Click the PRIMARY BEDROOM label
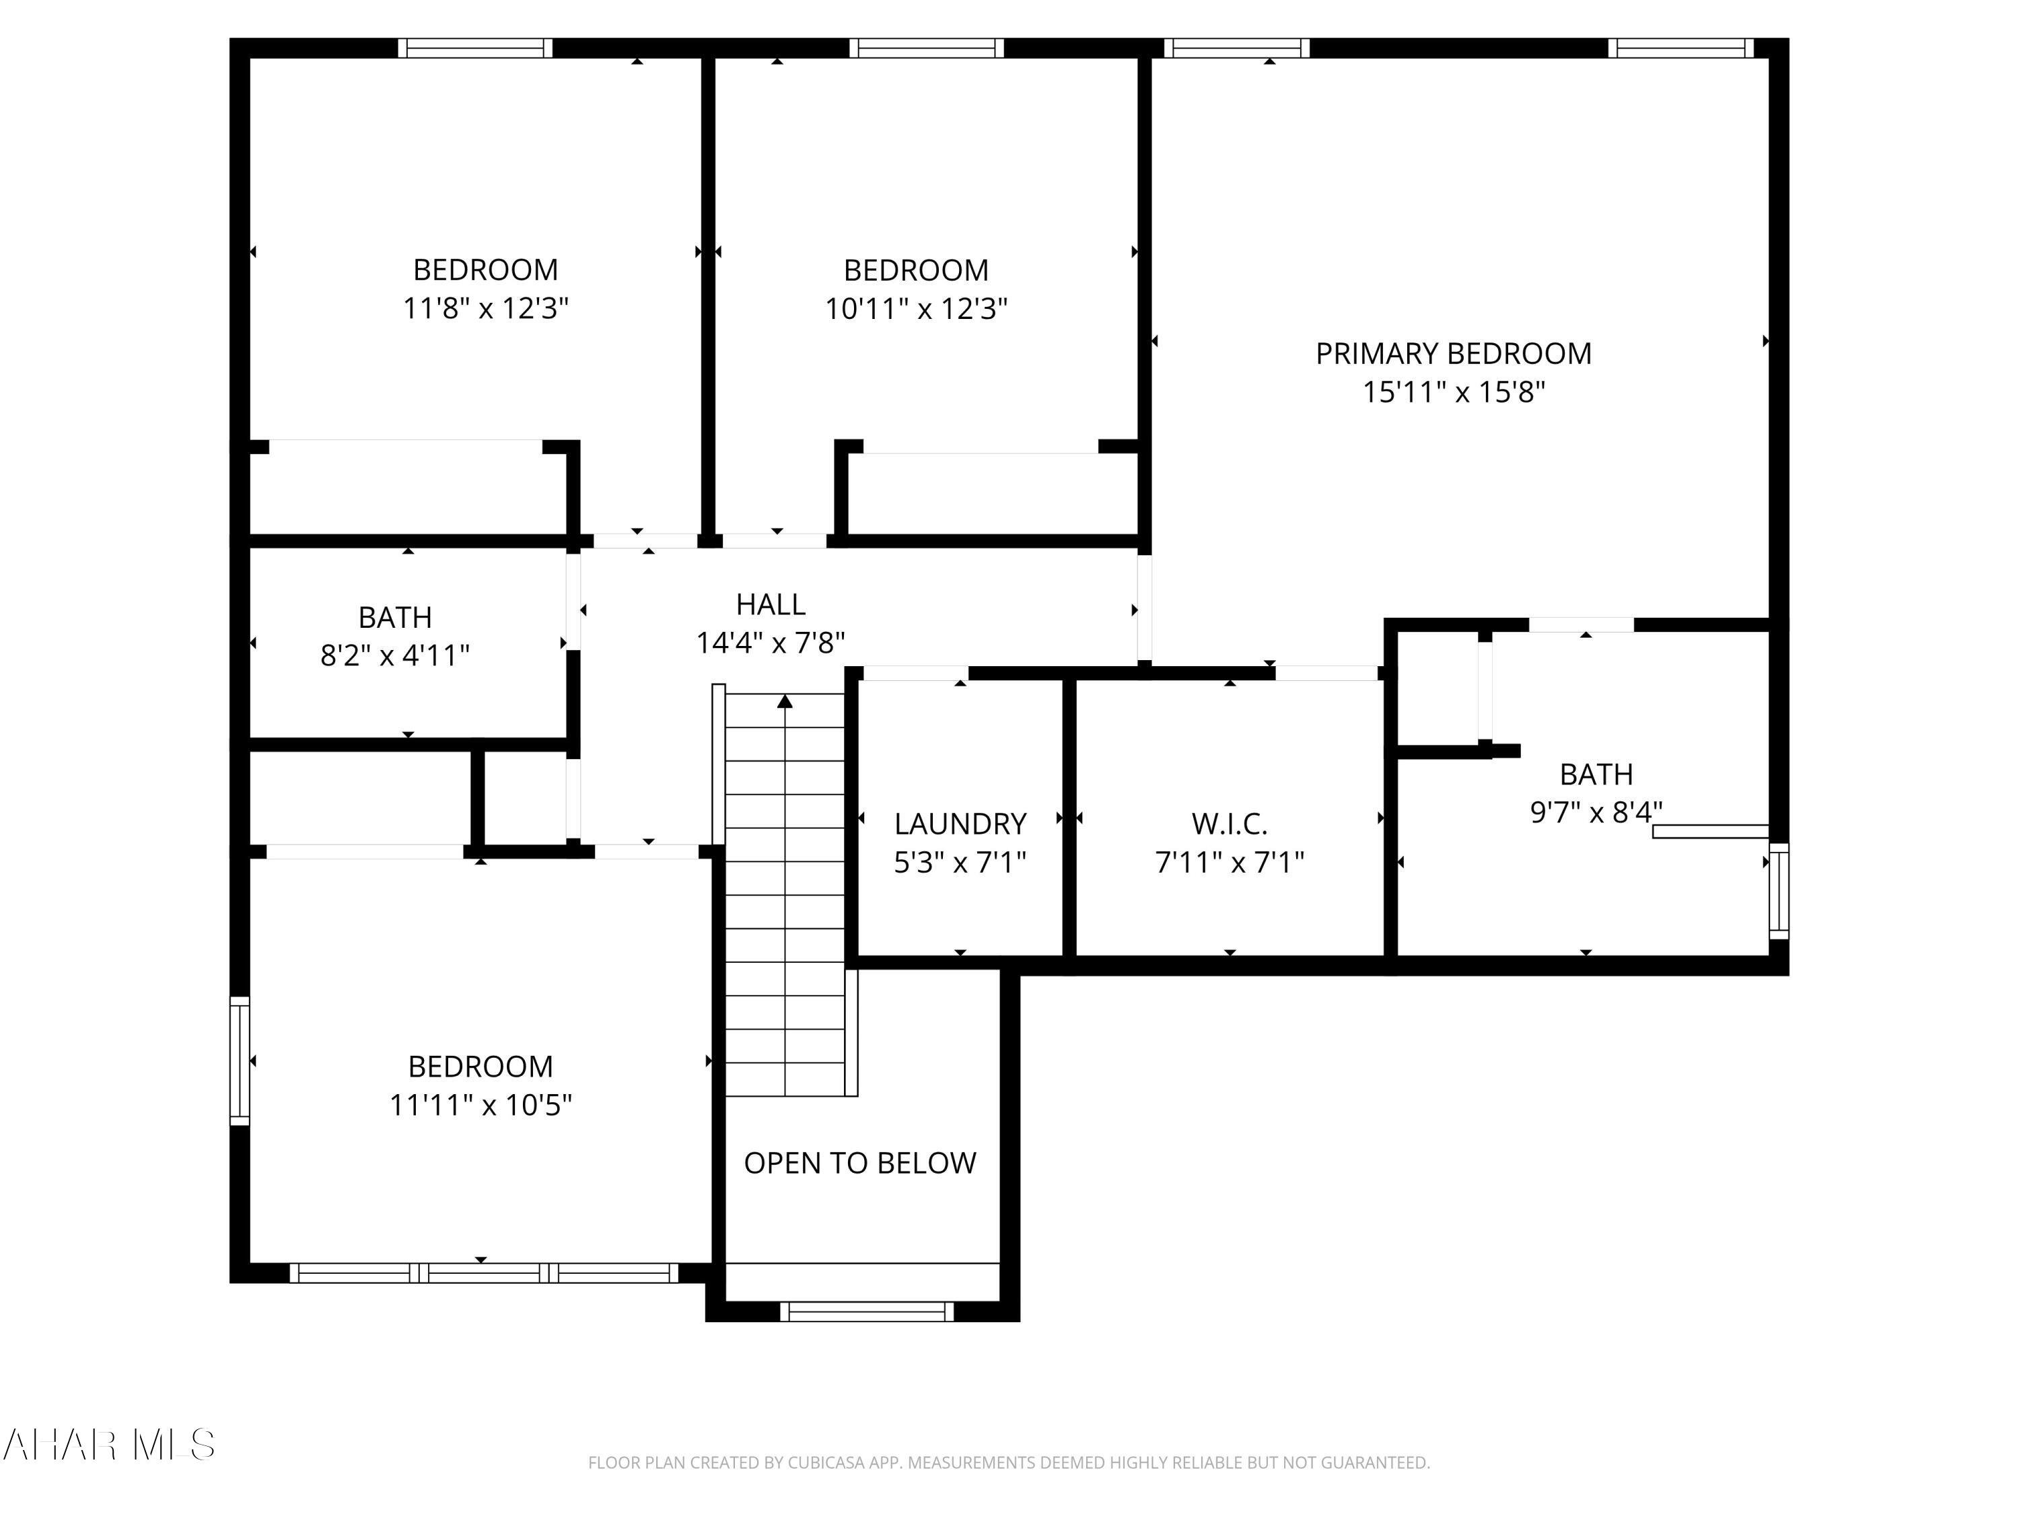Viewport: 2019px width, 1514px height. click(1453, 353)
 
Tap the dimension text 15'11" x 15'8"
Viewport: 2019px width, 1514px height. click(1453, 392)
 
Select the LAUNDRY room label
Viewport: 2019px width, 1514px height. click(959, 824)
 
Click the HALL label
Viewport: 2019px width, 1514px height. click(771, 604)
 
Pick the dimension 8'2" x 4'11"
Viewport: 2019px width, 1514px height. click(394, 655)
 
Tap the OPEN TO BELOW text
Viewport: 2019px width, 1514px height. click(860, 1163)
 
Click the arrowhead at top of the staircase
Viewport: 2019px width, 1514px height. click(785, 701)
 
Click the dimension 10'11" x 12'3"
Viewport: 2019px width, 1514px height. click(915, 308)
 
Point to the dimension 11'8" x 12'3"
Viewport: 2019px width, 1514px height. click(486, 308)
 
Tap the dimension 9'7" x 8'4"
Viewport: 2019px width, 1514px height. click(1596, 812)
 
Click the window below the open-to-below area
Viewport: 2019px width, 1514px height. click(866, 1311)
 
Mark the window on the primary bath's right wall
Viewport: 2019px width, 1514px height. click(1778, 891)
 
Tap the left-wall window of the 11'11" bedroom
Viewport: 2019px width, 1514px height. click(239, 1060)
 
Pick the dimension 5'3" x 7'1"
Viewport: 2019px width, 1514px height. click(959, 863)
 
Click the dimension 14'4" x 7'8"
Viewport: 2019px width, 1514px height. click(771, 643)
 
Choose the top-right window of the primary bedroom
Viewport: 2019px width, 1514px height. click(1680, 48)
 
